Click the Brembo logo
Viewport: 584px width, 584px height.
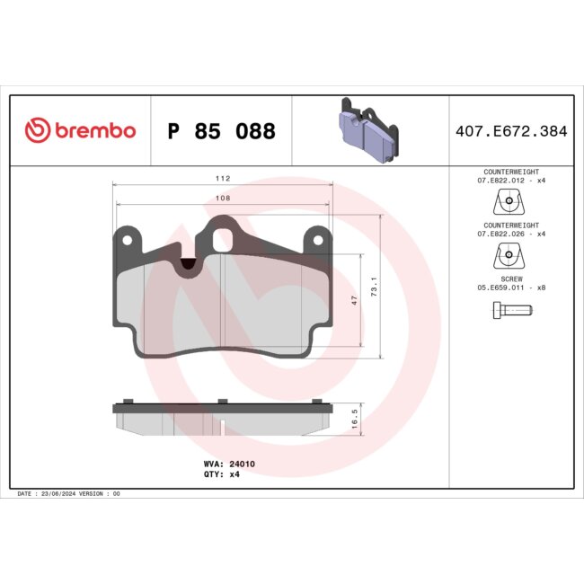(x=80, y=131)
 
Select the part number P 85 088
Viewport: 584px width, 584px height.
(x=221, y=132)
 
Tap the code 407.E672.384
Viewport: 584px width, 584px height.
(x=510, y=131)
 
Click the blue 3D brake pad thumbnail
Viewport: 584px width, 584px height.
(x=369, y=130)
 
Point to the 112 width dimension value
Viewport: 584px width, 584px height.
(x=222, y=177)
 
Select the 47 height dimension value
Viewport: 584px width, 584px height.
(x=355, y=301)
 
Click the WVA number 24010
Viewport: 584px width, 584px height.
(x=243, y=464)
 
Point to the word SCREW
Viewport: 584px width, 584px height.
(x=510, y=279)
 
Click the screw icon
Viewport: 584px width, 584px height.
(x=510, y=311)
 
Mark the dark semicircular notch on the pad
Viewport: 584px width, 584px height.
(x=189, y=263)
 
